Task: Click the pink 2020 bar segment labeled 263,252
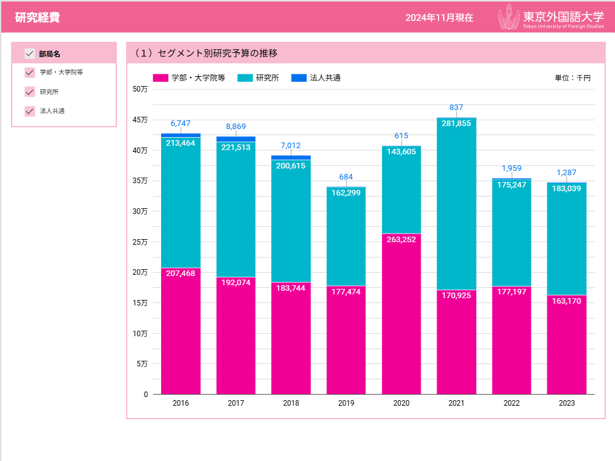[x=401, y=313]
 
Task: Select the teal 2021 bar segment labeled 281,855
[x=456, y=203]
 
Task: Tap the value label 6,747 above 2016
[x=181, y=124]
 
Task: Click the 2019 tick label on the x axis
[x=346, y=403]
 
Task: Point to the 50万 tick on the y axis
[x=140, y=89]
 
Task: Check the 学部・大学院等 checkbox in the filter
[x=30, y=73]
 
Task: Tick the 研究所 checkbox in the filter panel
[x=30, y=92]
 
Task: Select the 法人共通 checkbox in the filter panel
[x=30, y=111]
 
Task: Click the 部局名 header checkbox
[x=30, y=53]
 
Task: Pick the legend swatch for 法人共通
[x=299, y=78]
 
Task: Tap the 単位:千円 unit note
[x=572, y=78]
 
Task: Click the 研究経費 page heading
[x=38, y=17]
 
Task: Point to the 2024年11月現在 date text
[x=439, y=18]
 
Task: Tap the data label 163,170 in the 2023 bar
[x=566, y=301]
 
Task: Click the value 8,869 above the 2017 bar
[x=236, y=127]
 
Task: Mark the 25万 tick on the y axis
[x=140, y=242]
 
